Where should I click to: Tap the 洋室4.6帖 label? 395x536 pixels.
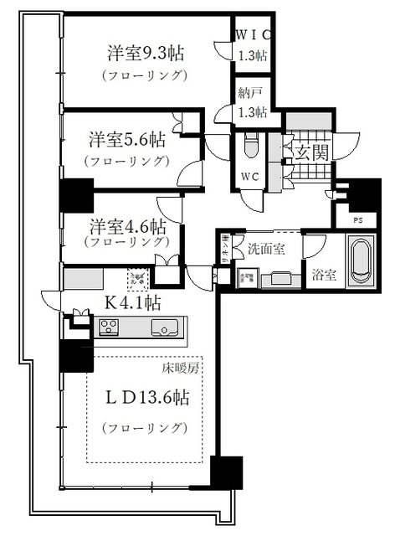tap(128, 226)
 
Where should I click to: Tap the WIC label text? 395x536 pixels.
tap(250, 36)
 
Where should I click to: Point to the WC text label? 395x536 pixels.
tap(250, 178)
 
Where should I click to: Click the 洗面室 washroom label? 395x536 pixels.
tap(268, 248)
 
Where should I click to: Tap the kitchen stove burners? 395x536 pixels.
tap(110, 327)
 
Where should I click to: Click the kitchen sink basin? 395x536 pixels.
tap(164, 327)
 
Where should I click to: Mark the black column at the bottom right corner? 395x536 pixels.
tap(226, 474)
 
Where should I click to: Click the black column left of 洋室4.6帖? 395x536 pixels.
tap(75, 198)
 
